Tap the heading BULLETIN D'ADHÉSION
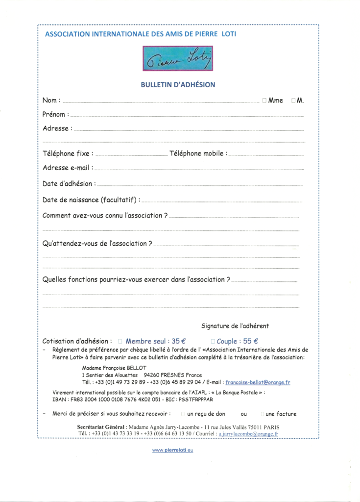coord(178,84)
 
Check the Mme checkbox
coord(264,100)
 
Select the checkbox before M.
coord(293,100)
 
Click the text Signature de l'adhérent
coord(235,326)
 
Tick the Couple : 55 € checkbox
coord(213,341)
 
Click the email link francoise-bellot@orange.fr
coord(258,382)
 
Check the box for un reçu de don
coord(183,414)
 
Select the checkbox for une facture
coord(262,414)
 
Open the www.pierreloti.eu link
coord(172,450)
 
